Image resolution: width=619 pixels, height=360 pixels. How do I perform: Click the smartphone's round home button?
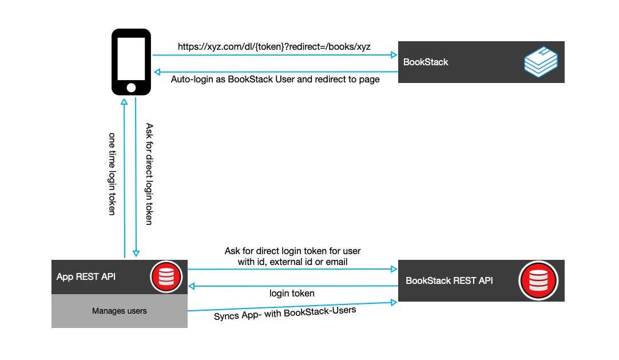131,87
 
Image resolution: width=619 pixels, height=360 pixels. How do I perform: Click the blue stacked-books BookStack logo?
541,62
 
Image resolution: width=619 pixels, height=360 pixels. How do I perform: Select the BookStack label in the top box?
426,62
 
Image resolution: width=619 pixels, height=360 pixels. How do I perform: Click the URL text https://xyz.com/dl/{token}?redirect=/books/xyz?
274,47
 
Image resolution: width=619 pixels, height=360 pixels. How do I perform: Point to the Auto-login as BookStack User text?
275,80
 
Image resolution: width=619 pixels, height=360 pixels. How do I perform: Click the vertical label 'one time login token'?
112,174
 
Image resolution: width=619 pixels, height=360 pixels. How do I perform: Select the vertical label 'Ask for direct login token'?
149,174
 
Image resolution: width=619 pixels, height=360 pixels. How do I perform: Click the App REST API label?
86,277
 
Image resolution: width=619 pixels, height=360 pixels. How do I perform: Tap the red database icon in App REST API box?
166,277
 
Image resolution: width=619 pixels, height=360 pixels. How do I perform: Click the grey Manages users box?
120,311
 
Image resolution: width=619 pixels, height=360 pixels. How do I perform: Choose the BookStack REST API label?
449,280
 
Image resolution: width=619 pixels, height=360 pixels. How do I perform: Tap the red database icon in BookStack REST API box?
537,280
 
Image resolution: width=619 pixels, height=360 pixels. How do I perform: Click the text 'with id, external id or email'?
292,262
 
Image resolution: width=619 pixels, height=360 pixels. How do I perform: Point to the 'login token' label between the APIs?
292,293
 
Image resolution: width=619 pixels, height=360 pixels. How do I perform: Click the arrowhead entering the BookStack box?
394,55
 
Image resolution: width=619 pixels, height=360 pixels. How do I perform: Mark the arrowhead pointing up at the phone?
124,101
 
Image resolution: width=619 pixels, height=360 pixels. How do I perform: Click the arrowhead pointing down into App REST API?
136,254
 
